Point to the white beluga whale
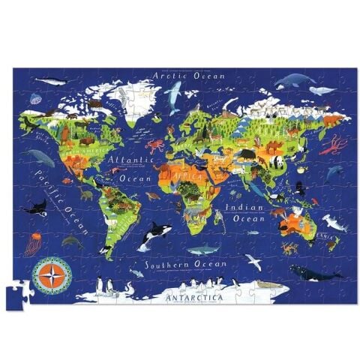tap(323, 91)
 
